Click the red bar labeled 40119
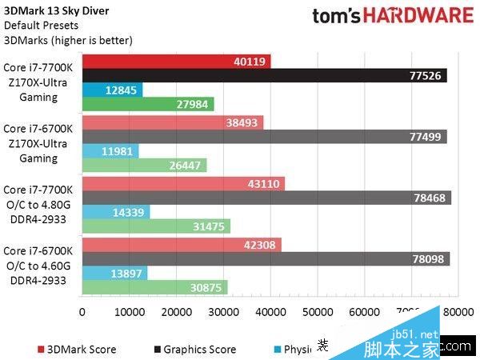pyautogui.click(x=176, y=62)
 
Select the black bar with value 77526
pyautogui.click(x=264, y=76)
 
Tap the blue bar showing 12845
pyautogui.click(x=112, y=90)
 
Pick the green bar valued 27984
pyautogui.click(x=148, y=105)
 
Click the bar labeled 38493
pyautogui.click(x=172, y=122)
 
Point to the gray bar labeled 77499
pyautogui.click(x=264, y=137)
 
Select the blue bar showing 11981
pyautogui.click(x=110, y=151)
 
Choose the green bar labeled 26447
pyautogui.click(x=144, y=166)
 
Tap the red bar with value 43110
pyautogui.click(x=183, y=183)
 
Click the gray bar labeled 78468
pyautogui.click(x=266, y=198)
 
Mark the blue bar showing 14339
pyautogui.click(x=115, y=212)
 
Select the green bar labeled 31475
pyautogui.click(x=156, y=226)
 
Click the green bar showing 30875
pyautogui.click(x=154, y=287)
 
